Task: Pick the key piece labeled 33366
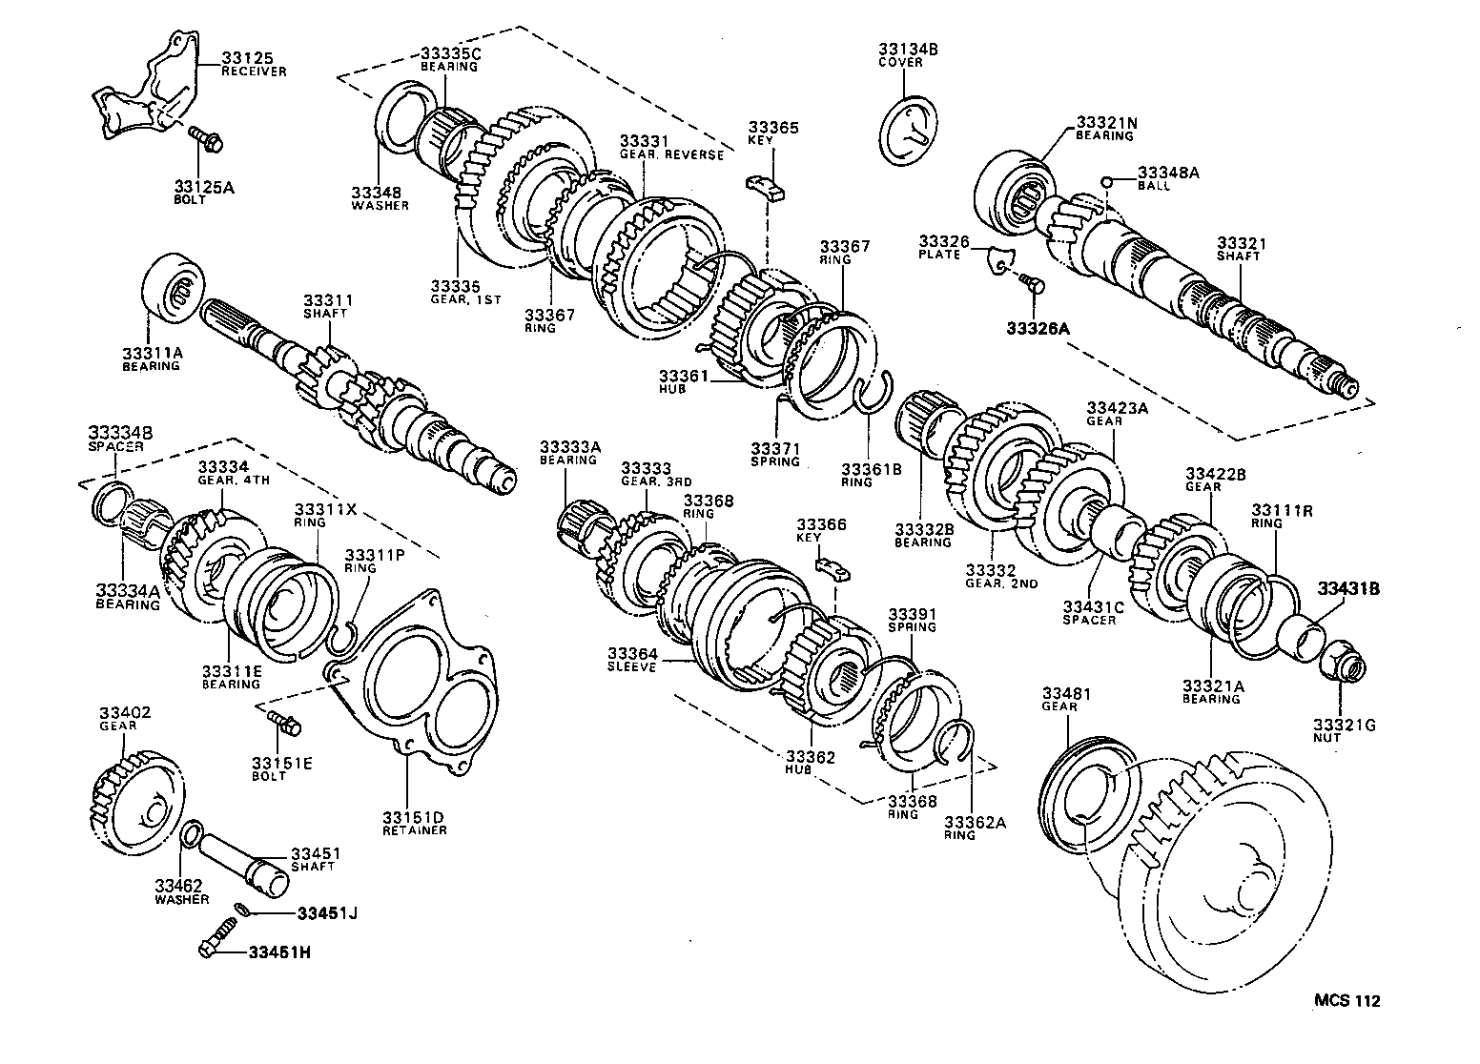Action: tap(832, 569)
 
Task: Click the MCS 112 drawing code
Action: tap(1346, 1001)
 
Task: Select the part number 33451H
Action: tap(280, 951)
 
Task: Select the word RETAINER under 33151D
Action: tap(415, 829)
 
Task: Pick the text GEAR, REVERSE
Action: tap(671, 154)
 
